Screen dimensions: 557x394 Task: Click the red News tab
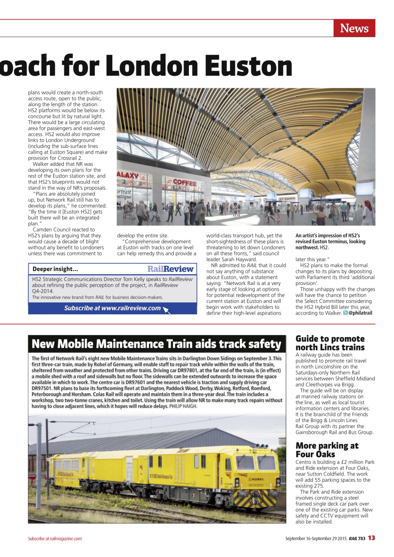click(354, 28)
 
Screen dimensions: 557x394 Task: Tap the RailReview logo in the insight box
click(170, 269)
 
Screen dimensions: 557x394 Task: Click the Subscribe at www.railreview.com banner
click(112, 308)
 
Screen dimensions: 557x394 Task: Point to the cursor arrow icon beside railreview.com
click(166, 309)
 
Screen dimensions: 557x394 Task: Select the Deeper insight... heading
click(55, 269)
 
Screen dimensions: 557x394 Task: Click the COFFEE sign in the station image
click(184, 183)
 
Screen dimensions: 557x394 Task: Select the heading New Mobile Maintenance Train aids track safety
click(156, 344)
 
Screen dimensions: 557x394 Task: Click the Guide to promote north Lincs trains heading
click(330, 343)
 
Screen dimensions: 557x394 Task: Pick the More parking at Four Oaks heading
click(327, 450)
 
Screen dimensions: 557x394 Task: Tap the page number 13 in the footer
click(371, 538)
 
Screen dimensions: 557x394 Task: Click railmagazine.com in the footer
click(66, 539)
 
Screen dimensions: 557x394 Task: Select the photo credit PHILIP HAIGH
click(183, 406)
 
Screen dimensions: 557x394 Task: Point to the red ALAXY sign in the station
click(128, 175)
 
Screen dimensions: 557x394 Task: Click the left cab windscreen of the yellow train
click(245, 462)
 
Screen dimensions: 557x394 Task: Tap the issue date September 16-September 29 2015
click(316, 538)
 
